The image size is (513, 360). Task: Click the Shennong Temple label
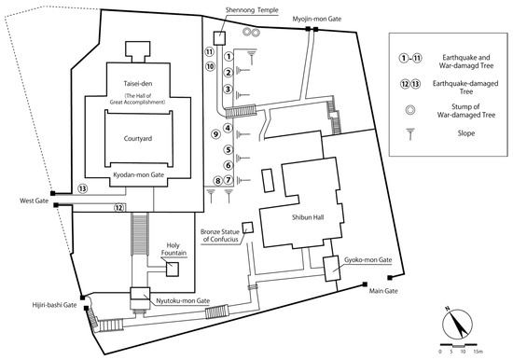pyautogui.click(x=252, y=10)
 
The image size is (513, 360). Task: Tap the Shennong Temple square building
pyautogui.click(x=219, y=38)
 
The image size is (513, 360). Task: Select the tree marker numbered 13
pyautogui.click(x=82, y=188)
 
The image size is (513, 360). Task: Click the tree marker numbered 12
pyautogui.click(x=119, y=207)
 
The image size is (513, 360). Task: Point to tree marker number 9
pyautogui.click(x=215, y=134)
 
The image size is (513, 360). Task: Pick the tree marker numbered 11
pyautogui.click(x=209, y=51)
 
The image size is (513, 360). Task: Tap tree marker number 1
pyautogui.click(x=229, y=56)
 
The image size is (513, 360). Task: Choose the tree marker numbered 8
pyautogui.click(x=217, y=180)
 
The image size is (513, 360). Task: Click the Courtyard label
pyautogui.click(x=138, y=138)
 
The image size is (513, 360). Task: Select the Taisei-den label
pyautogui.click(x=138, y=83)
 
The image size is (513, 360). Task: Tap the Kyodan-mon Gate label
pyautogui.click(x=138, y=174)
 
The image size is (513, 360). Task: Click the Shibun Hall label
pyautogui.click(x=308, y=217)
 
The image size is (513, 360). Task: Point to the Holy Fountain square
pyautogui.click(x=173, y=270)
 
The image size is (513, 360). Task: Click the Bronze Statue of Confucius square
pyautogui.click(x=248, y=228)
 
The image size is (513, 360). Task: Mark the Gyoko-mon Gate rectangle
pyautogui.click(x=331, y=269)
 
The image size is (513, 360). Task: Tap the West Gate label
pyautogui.click(x=34, y=201)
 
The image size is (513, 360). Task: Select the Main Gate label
pyautogui.click(x=383, y=291)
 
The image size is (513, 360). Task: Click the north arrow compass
pyautogui.click(x=457, y=323)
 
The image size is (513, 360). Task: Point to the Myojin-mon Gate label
pyautogui.click(x=317, y=19)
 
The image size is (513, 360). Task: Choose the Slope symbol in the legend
pyautogui.click(x=410, y=133)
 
